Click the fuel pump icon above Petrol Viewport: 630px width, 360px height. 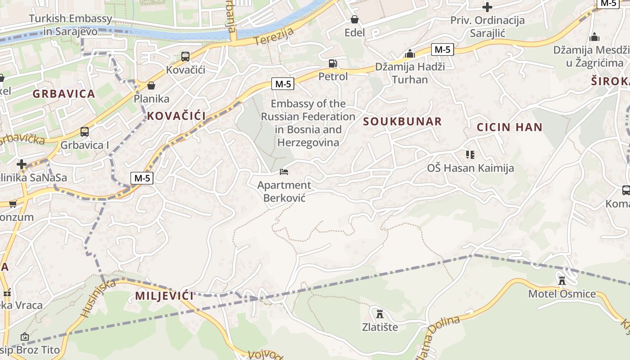[333, 63]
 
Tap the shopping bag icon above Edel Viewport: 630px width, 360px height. [355, 19]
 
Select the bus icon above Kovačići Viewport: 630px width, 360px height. [185, 57]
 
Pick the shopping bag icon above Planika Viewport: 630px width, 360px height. [151, 85]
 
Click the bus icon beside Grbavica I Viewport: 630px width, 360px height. [85, 132]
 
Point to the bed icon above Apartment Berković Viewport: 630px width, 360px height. [284, 171]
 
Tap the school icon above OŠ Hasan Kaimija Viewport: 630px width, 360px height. [470, 155]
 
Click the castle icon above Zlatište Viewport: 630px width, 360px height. [380, 313]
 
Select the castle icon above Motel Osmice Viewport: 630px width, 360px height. [562, 281]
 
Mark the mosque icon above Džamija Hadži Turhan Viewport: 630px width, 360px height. [409, 54]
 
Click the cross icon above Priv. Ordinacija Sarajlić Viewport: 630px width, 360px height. [487, 7]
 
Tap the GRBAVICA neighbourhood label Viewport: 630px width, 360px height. [63, 94]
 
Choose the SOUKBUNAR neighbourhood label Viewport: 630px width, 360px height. [402, 121]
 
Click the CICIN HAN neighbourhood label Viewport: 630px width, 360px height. [509, 127]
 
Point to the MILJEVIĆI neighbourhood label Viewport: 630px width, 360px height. [164, 296]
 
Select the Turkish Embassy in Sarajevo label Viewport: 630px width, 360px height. [70, 25]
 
